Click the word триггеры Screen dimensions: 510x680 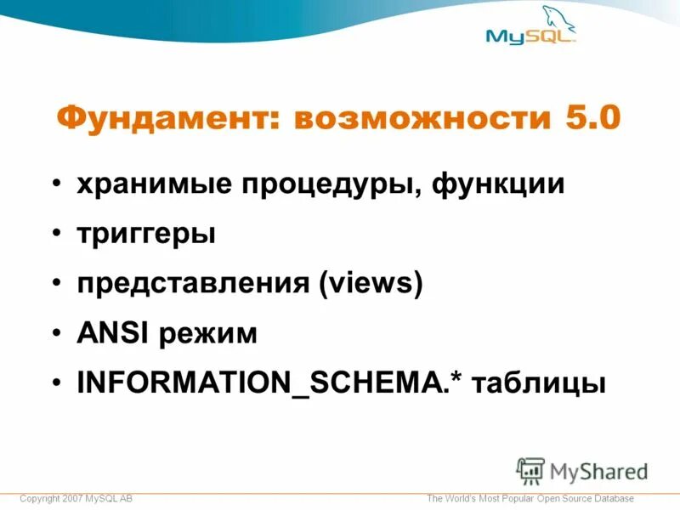pos(146,234)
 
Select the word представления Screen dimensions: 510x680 pos(193,283)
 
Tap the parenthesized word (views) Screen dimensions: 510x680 pos(370,283)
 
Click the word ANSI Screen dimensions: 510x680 pos(111,333)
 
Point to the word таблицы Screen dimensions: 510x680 pos(540,382)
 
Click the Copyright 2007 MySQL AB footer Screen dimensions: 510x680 pos(76,498)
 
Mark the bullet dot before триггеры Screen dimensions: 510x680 pos(55,233)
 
